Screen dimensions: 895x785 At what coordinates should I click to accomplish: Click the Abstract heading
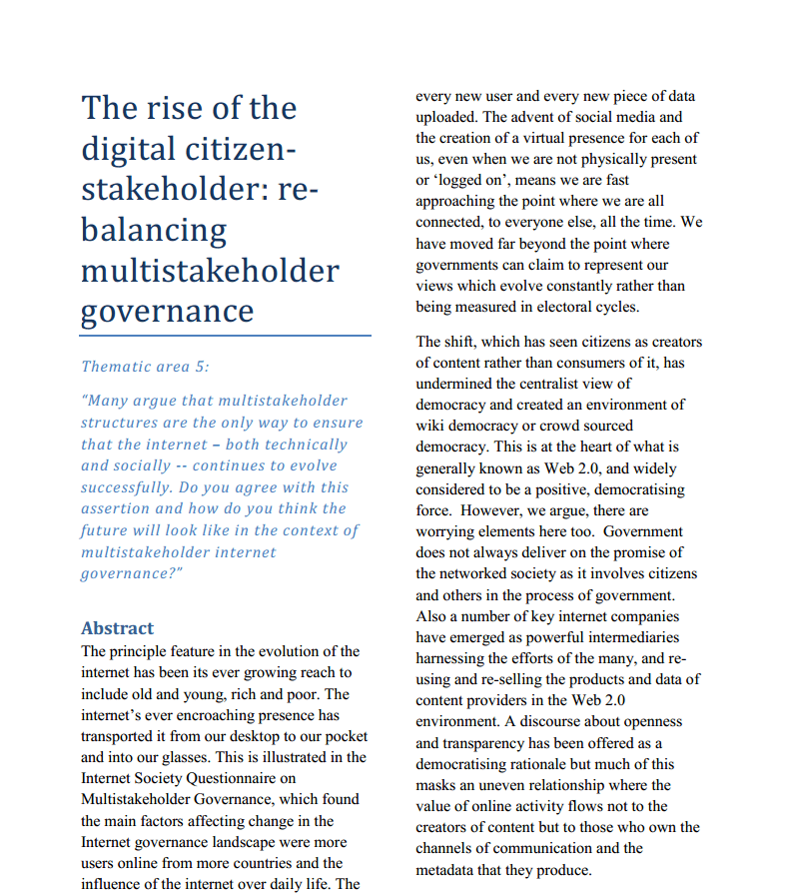pos(118,628)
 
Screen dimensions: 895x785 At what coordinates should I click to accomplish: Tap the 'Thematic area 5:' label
pos(145,367)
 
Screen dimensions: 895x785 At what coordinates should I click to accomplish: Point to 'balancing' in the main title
pos(153,230)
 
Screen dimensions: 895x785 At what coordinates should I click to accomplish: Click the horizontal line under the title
pos(226,337)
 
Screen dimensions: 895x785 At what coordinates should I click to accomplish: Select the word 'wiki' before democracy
pos(431,426)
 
